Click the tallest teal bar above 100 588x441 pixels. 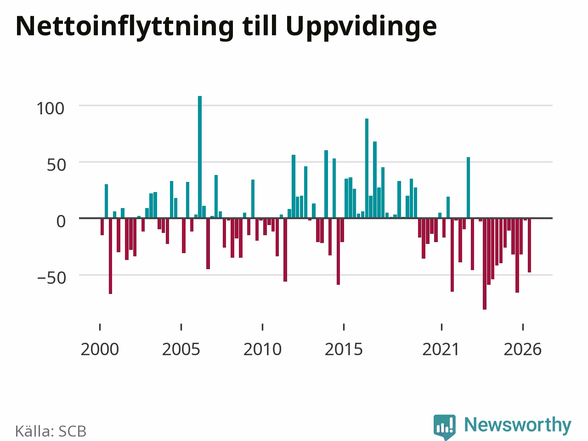[200, 157]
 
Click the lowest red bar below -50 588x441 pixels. [485, 264]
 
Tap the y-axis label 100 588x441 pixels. [51, 109]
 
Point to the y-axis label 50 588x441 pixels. [56, 165]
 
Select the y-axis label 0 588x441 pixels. [61, 222]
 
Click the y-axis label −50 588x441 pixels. [51, 278]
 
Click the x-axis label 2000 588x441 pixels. [100, 350]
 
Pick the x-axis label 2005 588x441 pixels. [181, 350]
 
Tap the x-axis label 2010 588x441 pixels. [262, 350]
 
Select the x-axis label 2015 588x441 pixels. [344, 350]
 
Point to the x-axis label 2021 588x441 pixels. [441, 350]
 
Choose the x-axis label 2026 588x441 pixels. [523, 350]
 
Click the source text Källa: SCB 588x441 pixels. [51, 431]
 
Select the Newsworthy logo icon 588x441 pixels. [444, 426]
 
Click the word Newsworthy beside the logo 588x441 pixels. [518, 425]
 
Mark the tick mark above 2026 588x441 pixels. [523, 327]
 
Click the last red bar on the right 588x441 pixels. [529, 245]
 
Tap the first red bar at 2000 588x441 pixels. [102, 227]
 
